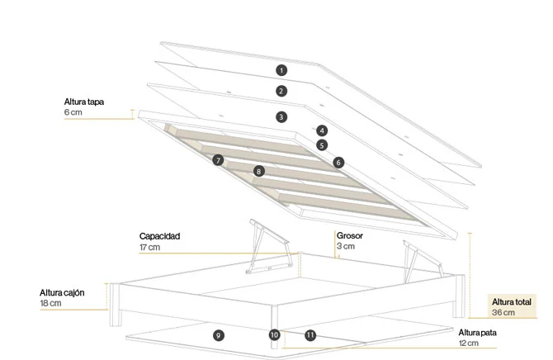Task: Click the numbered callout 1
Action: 281,70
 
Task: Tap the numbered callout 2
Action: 281,91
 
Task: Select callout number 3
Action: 281,116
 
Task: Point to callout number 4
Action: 322,130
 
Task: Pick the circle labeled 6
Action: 338,163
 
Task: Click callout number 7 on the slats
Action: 218,160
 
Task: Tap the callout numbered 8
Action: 259,172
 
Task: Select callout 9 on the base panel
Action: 218,335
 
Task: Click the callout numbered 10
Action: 274,334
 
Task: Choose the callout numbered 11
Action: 310,335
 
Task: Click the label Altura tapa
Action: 84,102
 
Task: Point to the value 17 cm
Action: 149,248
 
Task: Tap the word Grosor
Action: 349,235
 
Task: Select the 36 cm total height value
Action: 503,313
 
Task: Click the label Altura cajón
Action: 62,293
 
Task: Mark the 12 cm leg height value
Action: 469,343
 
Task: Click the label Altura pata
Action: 478,333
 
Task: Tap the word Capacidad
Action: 160,236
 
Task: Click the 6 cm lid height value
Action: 73,112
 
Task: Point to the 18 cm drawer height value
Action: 51,303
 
